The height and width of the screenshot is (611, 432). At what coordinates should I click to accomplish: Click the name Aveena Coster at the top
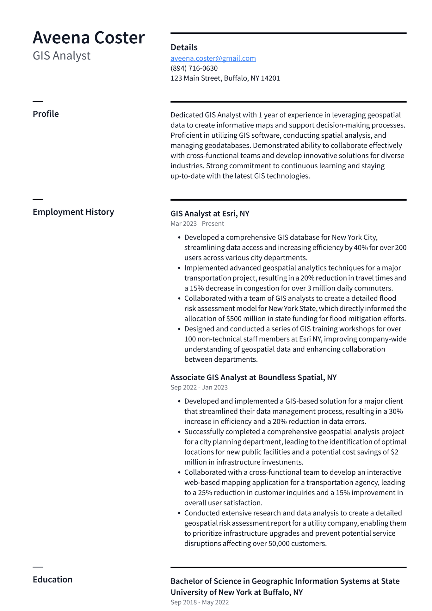coord(89,38)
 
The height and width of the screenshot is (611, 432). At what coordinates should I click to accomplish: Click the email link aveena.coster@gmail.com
coord(213,58)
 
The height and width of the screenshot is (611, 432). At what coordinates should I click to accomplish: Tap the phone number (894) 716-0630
coord(194,68)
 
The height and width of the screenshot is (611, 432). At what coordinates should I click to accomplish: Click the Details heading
coord(184,47)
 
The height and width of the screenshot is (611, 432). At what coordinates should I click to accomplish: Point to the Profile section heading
coord(46,114)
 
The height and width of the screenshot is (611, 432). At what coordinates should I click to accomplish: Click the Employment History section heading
coord(73,212)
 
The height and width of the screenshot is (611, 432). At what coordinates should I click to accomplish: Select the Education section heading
coord(52,579)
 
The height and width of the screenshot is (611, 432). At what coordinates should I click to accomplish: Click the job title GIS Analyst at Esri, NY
coord(210,214)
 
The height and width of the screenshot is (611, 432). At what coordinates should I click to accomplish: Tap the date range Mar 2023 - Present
coord(197,224)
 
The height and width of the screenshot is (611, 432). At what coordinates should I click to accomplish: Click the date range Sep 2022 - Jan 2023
coord(199,387)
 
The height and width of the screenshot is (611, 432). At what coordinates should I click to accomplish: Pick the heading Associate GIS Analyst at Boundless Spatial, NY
coord(253,377)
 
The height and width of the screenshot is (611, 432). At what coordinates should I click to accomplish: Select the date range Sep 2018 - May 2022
coord(200,602)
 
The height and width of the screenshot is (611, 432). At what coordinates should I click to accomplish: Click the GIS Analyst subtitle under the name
coord(62,56)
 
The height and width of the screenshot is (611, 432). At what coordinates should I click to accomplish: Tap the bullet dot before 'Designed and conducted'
coord(179,329)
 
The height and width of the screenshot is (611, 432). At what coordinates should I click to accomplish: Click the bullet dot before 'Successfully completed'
coord(179,432)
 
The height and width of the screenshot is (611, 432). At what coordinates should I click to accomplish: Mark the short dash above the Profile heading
coord(38,101)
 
